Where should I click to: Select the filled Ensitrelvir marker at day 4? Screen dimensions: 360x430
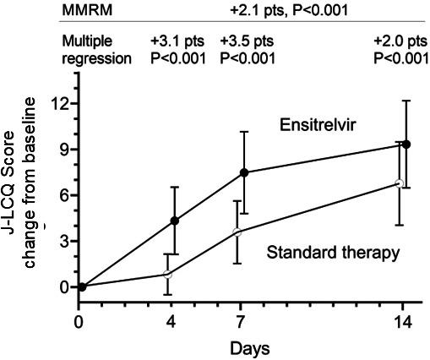pos(175,221)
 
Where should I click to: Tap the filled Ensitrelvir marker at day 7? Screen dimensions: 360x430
pos(244,172)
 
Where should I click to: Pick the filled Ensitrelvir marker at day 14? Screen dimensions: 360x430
pos(407,145)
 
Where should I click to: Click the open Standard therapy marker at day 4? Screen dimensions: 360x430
pos(167,274)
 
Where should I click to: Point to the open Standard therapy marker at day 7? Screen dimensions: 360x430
pos(238,232)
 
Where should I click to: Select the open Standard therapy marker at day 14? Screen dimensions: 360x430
pos(400,183)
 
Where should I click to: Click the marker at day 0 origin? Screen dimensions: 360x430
pos(81,286)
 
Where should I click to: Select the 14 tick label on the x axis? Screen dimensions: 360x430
pos(402,321)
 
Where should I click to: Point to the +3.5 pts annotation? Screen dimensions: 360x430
pos(247,41)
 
